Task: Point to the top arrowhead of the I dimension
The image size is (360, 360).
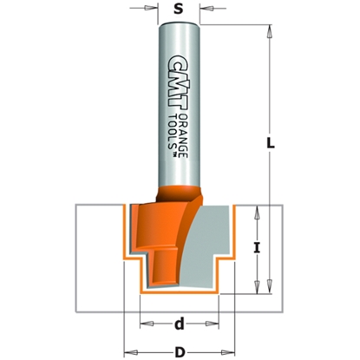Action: (x=258, y=211)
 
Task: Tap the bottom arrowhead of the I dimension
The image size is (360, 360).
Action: (x=258, y=285)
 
